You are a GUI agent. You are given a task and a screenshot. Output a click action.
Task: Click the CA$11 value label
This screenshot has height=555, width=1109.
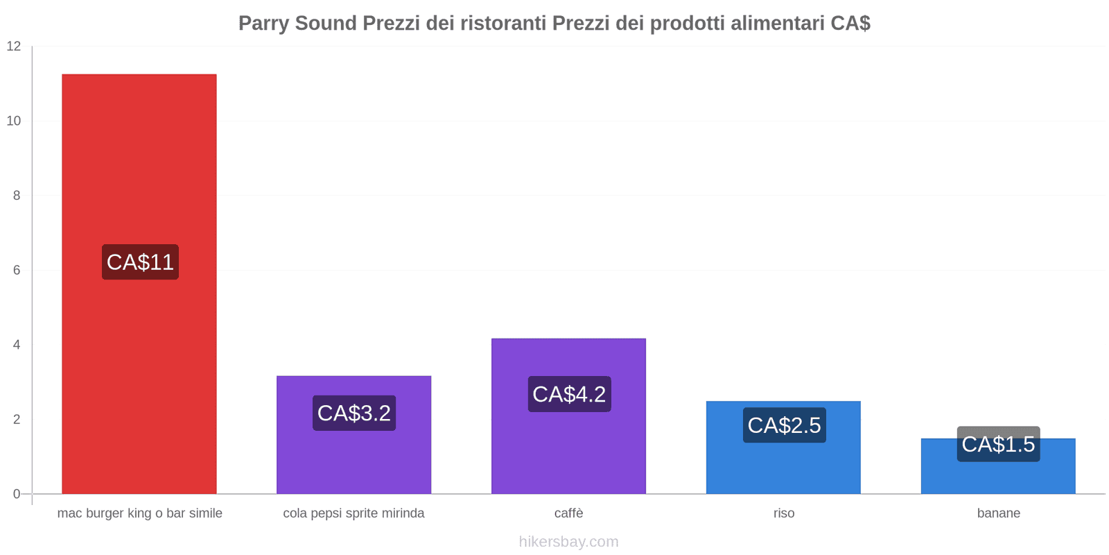pyautogui.click(x=140, y=262)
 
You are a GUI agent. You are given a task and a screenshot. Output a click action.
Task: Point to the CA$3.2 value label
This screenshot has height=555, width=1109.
pyautogui.click(x=353, y=413)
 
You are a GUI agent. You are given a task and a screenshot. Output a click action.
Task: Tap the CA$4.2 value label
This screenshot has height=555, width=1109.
pyautogui.click(x=569, y=394)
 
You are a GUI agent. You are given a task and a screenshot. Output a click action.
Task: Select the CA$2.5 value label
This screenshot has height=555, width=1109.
pyautogui.click(x=784, y=425)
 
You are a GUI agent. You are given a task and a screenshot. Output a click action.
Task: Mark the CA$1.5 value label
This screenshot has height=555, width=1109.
pyautogui.click(x=998, y=444)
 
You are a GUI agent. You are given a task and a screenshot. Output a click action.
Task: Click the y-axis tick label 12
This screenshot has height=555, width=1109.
pyautogui.click(x=14, y=46)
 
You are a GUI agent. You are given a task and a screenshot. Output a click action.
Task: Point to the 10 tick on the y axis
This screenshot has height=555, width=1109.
pyautogui.click(x=14, y=121)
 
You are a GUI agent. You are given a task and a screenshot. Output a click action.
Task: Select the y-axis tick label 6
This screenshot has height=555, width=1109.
pyautogui.click(x=17, y=271)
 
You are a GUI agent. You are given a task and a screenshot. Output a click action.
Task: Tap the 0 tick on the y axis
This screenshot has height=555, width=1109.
pyautogui.click(x=17, y=494)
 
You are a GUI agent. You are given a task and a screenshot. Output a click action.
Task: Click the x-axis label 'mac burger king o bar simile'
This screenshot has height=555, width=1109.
pyautogui.click(x=139, y=513)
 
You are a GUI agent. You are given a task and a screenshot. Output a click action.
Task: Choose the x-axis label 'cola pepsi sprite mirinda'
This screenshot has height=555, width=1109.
pyautogui.click(x=353, y=513)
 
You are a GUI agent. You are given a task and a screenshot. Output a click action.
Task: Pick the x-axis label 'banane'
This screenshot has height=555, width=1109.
pyautogui.click(x=998, y=513)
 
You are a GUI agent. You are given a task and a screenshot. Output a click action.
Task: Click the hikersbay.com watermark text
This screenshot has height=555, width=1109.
pyautogui.click(x=568, y=542)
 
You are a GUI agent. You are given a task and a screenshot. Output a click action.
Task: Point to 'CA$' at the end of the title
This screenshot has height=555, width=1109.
pyautogui.click(x=850, y=24)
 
